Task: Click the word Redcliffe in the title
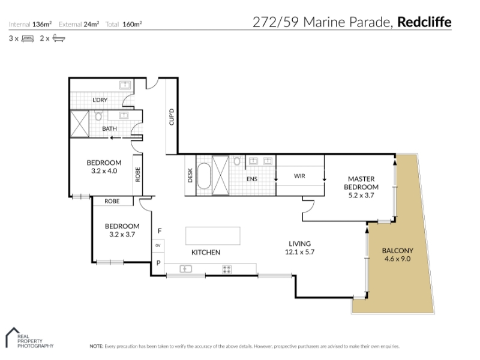click(x=424, y=22)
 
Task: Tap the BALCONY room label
click(x=398, y=251)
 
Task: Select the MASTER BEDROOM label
click(x=361, y=183)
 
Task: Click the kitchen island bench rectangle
click(x=213, y=236)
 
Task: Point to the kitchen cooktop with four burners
click(x=227, y=269)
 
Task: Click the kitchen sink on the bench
click(x=185, y=269)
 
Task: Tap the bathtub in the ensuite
click(x=204, y=175)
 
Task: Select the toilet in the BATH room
click(x=98, y=116)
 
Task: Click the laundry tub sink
click(x=125, y=85)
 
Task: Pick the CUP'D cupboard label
click(x=172, y=117)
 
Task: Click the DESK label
click(x=190, y=175)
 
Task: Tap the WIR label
click(x=299, y=176)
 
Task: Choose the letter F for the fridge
click(x=160, y=231)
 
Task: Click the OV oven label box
click(x=158, y=245)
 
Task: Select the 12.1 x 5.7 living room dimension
click(x=299, y=252)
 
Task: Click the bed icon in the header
click(x=28, y=38)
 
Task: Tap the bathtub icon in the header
click(x=58, y=38)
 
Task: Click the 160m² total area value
click(x=132, y=24)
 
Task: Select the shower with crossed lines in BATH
click(x=80, y=124)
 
